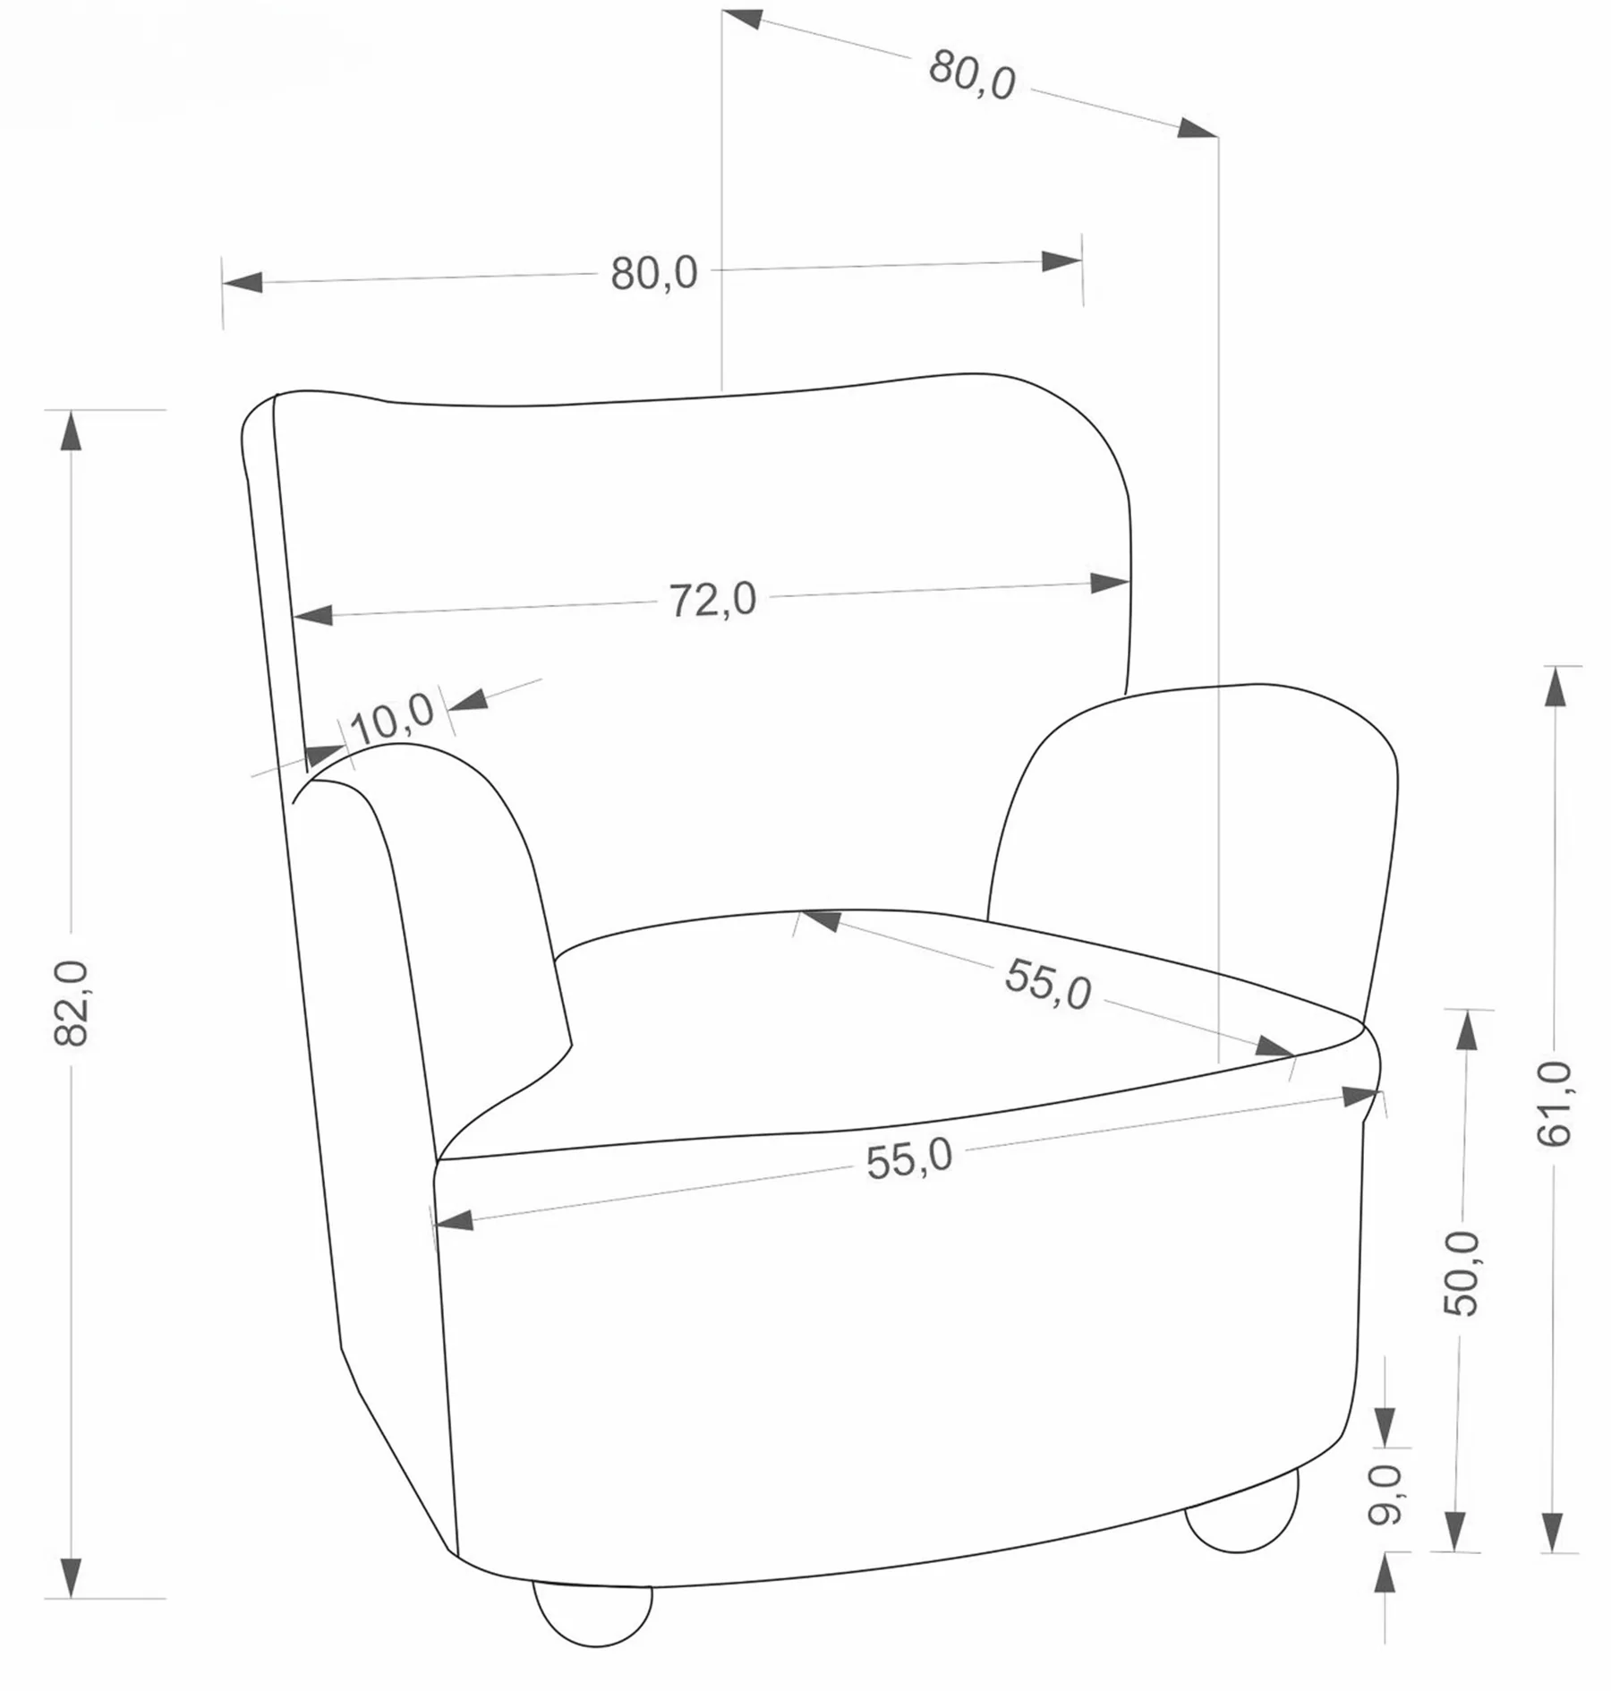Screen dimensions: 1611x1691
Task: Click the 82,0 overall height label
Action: pyautogui.click(x=72, y=1003)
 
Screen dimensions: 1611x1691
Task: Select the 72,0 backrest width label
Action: pyautogui.click(x=713, y=599)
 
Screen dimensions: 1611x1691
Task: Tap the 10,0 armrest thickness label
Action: pyautogui.click(x=393, y=718)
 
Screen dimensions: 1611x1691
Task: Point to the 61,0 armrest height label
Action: pyautogui.click(x=1556, y=1104)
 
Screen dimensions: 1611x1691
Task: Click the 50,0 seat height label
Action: pyautogui.click(x=1462, y=1273)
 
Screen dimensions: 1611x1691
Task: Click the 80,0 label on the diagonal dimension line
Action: pyautogui.click(x=972, y=75)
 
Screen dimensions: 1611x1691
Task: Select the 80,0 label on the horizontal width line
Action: pyautogui.click(x=654, y=273)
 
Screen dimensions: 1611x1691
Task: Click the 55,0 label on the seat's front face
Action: pyautogui.click(x=910, y=1161)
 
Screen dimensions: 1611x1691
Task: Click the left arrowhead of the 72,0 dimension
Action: pyautogui.click(x=312, y=615)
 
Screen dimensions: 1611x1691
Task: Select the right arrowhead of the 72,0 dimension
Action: pyautogui.click(x=1109, y=584)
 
